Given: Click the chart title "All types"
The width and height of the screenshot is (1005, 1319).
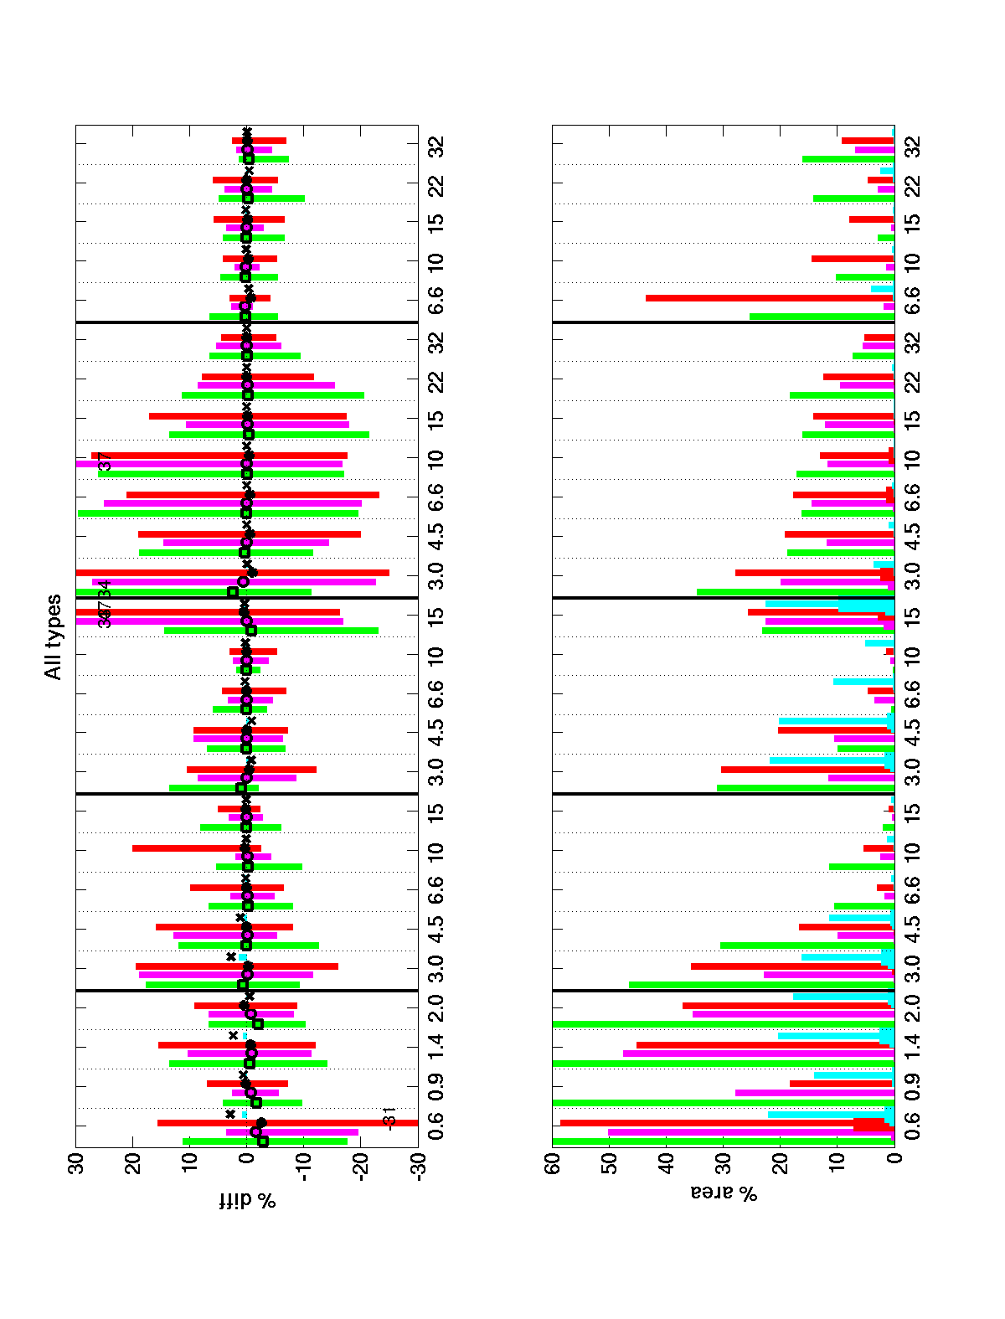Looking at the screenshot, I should click(54, 636).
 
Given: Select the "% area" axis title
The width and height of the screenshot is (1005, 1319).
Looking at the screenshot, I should click(724, 1193).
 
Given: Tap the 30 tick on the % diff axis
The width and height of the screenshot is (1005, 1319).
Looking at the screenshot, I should click(76, 1166).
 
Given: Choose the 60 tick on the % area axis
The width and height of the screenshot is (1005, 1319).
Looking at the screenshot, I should click(553, 1166).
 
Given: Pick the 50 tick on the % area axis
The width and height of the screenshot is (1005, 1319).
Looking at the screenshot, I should click(610, 1166).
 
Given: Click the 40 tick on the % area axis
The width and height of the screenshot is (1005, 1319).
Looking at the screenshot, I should click(667, 1166).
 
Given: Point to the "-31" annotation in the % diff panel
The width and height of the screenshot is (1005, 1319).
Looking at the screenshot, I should click(389, 1116).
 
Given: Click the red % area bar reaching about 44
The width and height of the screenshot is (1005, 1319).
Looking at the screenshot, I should click(770, 298).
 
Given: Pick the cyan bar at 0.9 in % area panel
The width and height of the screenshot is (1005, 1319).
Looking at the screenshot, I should click(854, 1074).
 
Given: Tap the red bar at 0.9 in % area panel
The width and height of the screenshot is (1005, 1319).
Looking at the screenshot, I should click(842, 1084).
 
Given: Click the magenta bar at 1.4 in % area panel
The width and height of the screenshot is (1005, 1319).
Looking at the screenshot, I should click(759, 1054).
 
